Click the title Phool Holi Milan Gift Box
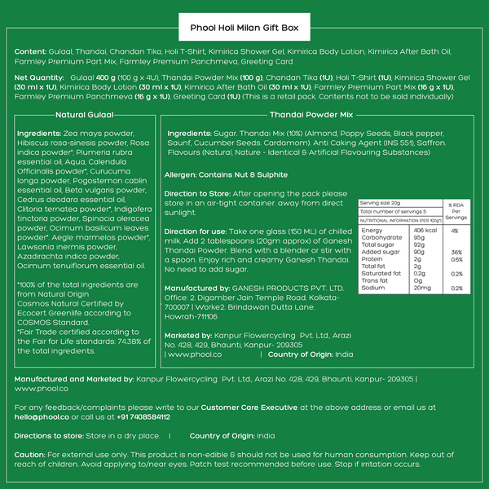244,27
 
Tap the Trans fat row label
373,280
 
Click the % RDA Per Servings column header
456,209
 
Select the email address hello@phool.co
42,416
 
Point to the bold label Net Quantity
39,77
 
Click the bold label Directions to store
46,436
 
